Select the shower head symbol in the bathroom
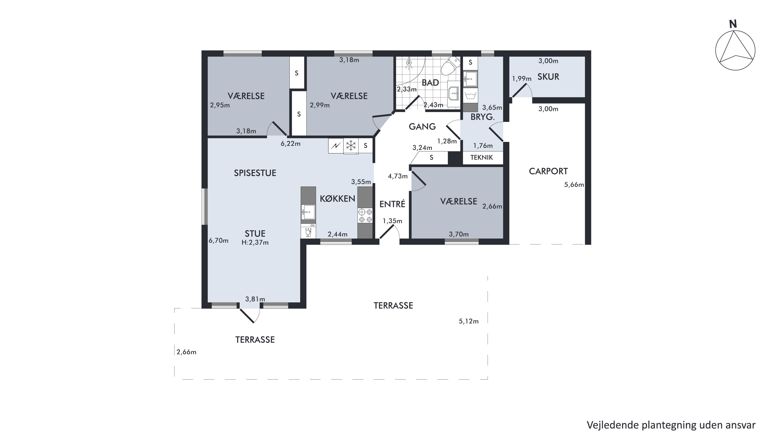pyautogui.click(x=409, y=63)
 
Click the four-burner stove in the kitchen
pyautogui.click(x=365, y=216)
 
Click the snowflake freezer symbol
pyautogui.click(x=351, y=146)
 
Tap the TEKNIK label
pyautogui.click(x=481, y=157)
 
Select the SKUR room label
pyautogui.click(x=548, y=77)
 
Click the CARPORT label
pyautogui.click(x=548, y=171)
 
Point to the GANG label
pyautogui.click(x=422, y=127)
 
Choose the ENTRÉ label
pyautogui.click(x=392, y=204)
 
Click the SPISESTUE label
pyautogui.click(x=255, y=173)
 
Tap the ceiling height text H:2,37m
pyautogui.click(x=255, y=242)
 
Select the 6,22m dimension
pyautogui.click(x=291, y=144)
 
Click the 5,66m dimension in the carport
pyautogui.click(x=574, y=184)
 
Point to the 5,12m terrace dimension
pyautogui.click(x=469, y=321)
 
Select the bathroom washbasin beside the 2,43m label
pyautogui.click(x=453, y=94)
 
